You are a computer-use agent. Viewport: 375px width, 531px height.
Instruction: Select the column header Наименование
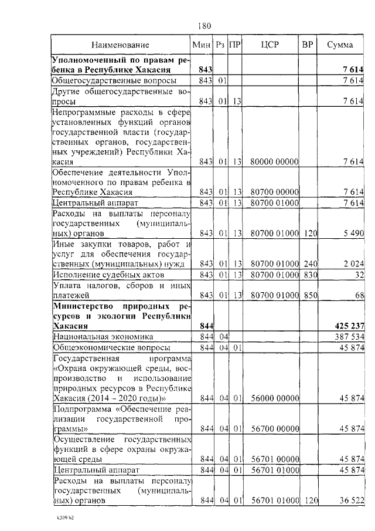[x=120, y=45]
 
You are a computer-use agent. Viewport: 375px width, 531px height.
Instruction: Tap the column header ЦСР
[x=271, y=45]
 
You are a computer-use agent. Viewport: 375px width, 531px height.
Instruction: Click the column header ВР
[x=307, y=45]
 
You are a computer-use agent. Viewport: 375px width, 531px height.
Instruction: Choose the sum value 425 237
[x=347, y=326]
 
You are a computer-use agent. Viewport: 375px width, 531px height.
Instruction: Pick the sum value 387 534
[x=348, y=337]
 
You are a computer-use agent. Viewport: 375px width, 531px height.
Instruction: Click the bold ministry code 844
[x=206, y=326]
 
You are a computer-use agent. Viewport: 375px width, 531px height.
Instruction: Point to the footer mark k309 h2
[x=60, y=519]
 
